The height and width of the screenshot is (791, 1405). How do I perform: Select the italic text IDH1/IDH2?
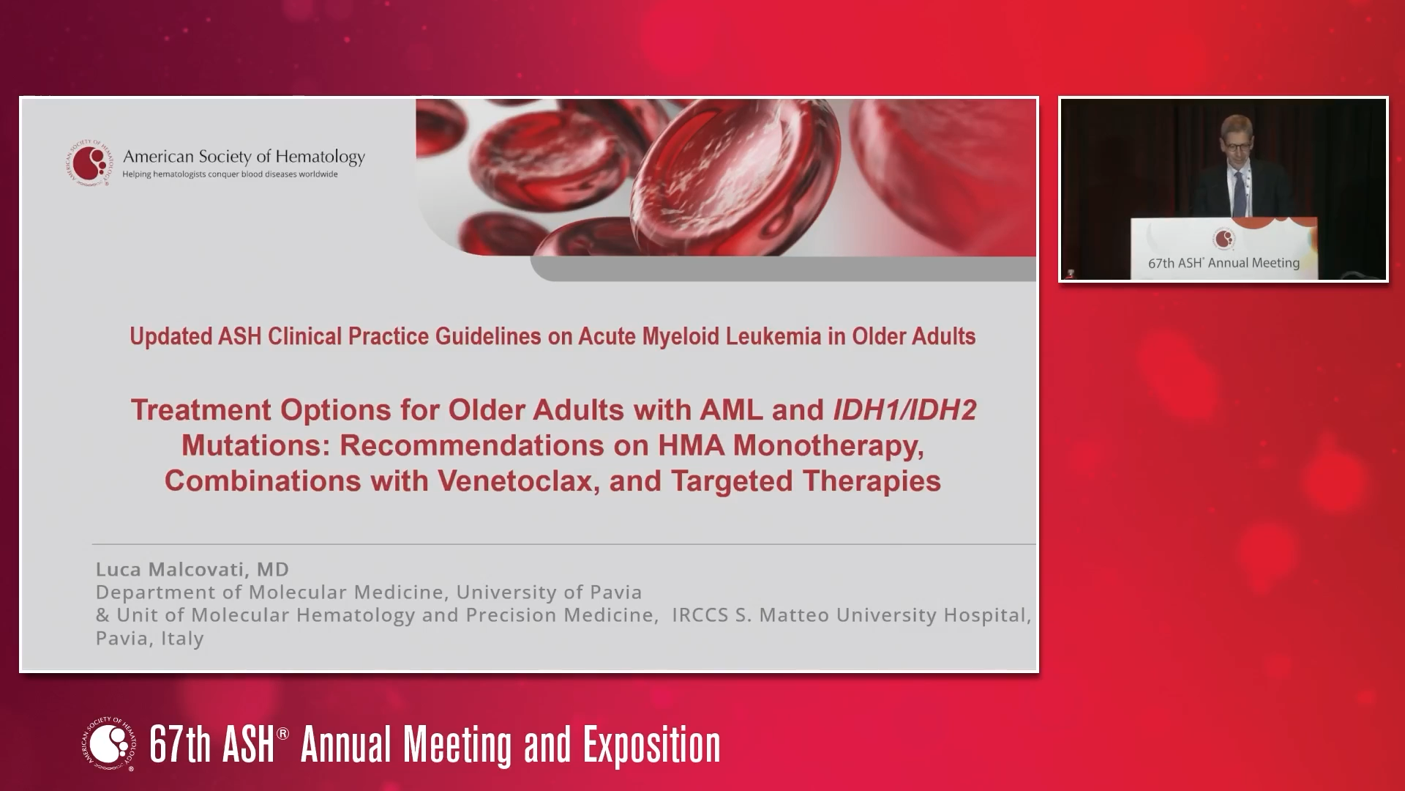(x=904, y=409)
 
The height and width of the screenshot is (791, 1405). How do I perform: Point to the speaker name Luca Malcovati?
(x=192, y=569)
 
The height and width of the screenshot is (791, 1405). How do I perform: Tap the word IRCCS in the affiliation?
(x=700, y=615)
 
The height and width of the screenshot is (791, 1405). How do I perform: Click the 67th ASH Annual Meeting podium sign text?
(x=1224, y=263)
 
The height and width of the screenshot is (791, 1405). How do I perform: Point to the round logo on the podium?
(x=1224, y=238)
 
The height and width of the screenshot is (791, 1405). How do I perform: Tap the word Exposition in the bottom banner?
(x=651, y=745)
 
